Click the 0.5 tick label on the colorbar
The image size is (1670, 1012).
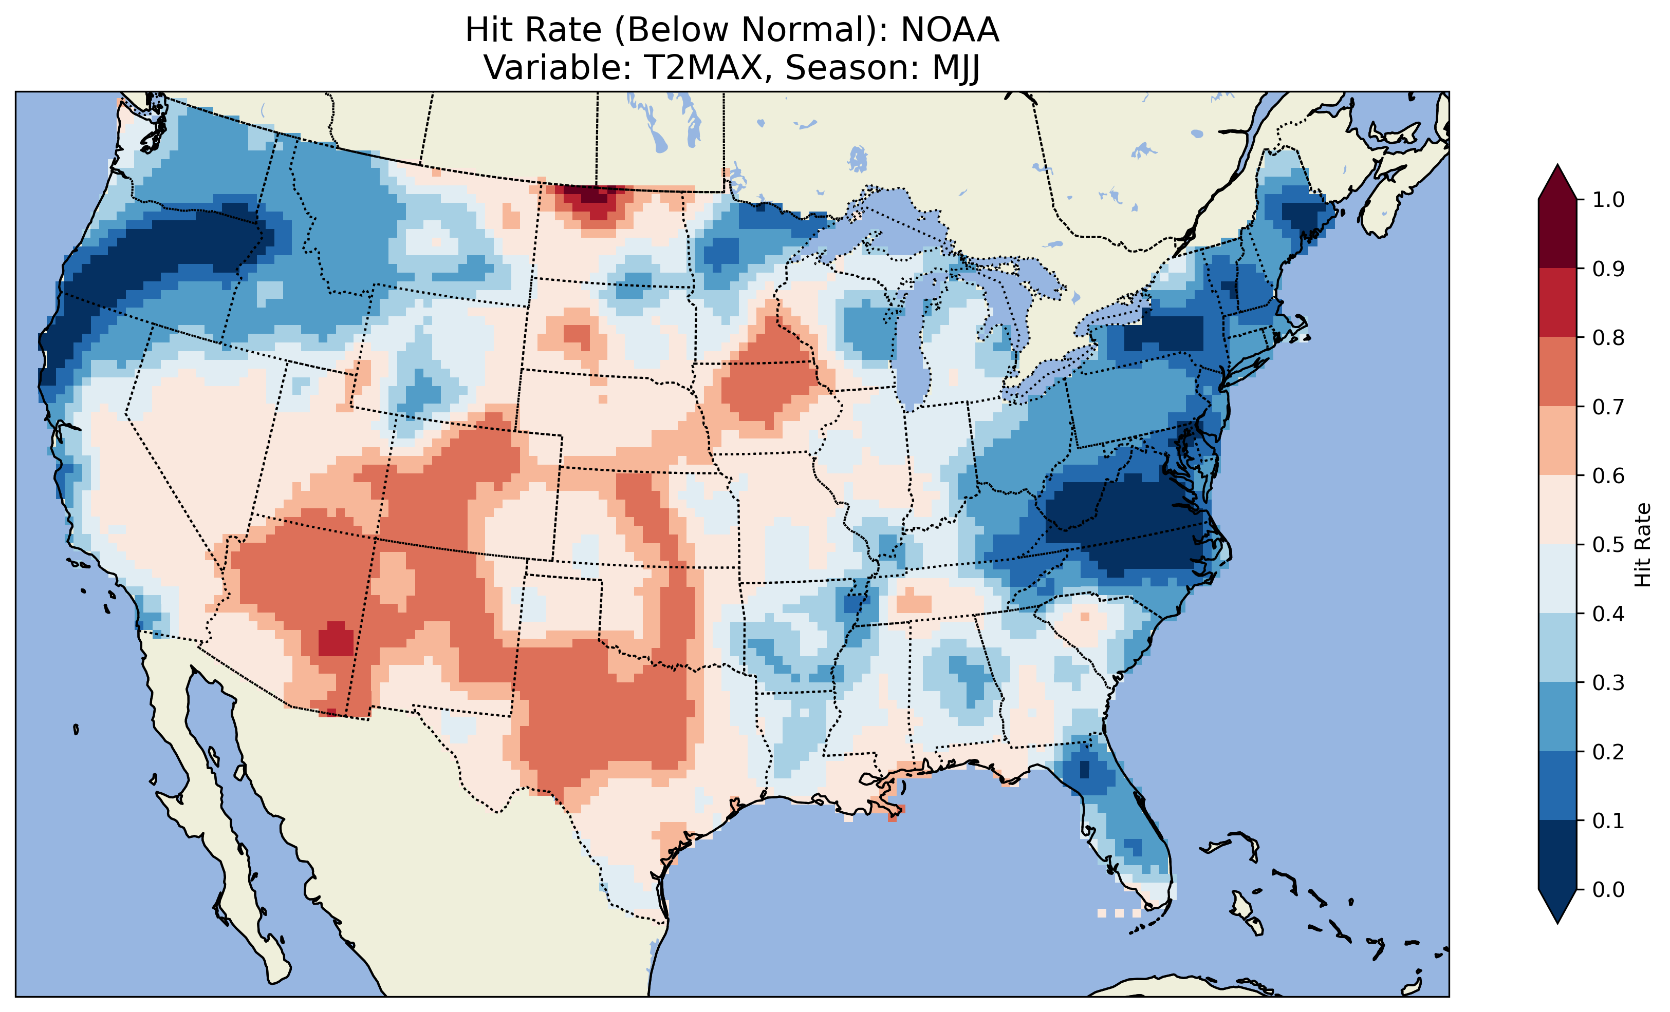pyautogui.click(x=1608, y=545)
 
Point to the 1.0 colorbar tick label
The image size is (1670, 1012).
pyautogui.click(x=1608, y=200)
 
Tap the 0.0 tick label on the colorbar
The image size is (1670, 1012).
pyautogui.click(x=1608, y=889)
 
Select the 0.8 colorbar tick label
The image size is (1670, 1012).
pyautogui.click(x=1608, y=337)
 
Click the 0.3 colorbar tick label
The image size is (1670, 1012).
pyautogui.click(x=1608, y=683)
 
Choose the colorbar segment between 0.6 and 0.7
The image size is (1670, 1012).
pyautogui.click(x=1557, y=441)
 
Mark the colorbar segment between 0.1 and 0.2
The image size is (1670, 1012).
pyautogui.click(x=1557, y=786)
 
